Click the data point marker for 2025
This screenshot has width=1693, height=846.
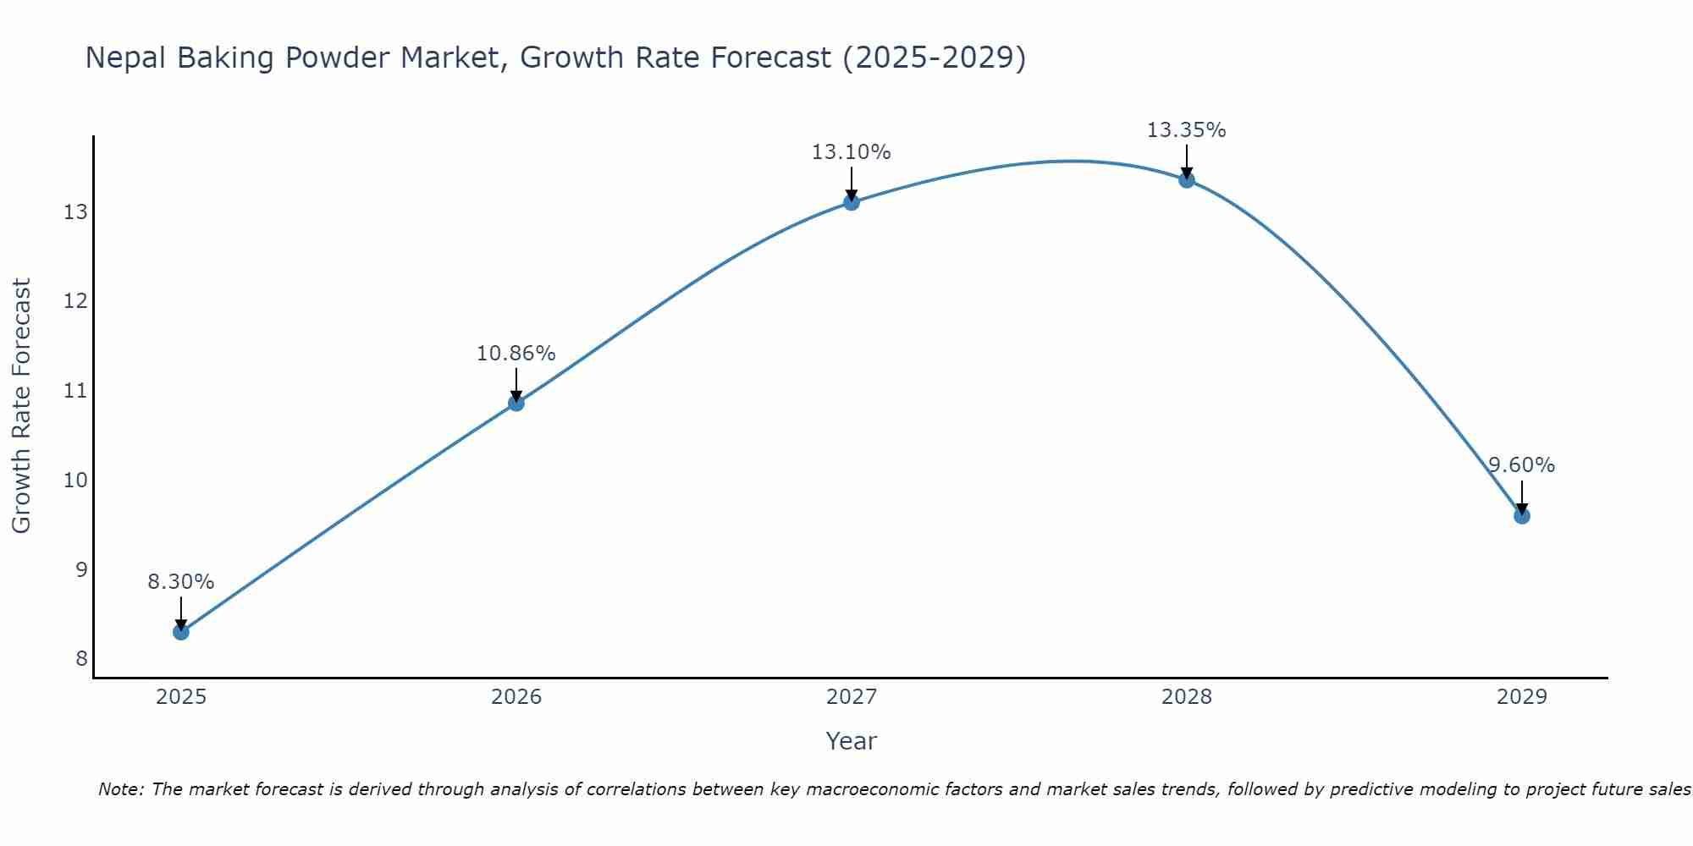click(x=181, y=632)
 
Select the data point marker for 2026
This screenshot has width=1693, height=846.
click(x=516, y=403)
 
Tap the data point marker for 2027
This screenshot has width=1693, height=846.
click(x=852, y=202)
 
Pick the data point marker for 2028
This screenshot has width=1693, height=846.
click(x=1187, y=180)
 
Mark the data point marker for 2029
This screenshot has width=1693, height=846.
click(x=1522, y=516)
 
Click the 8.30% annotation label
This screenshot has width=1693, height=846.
click(x=181, y=582)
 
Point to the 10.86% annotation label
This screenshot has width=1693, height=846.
click(x=516, y=354)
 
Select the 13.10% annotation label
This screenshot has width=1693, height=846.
click(x=852, y=152)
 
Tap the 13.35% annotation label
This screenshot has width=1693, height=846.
click(x=1187, y=130)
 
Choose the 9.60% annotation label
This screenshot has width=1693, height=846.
click(x=1522, y=465)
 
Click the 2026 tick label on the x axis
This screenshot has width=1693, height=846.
click(x=516, y=697)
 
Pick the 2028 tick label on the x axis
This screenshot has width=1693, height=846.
click(x=1187, y=697)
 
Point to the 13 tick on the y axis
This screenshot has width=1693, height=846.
click(x=76, y=211)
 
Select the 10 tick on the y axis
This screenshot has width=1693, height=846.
click(x=76, y=481)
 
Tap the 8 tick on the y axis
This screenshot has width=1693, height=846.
click(x=81, y=659)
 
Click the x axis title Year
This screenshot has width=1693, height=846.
click(x=852, y=741)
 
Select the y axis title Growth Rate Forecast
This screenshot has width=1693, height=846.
click(x=22, y=406)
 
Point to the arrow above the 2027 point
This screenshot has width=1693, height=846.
click(x=852, y=183)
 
